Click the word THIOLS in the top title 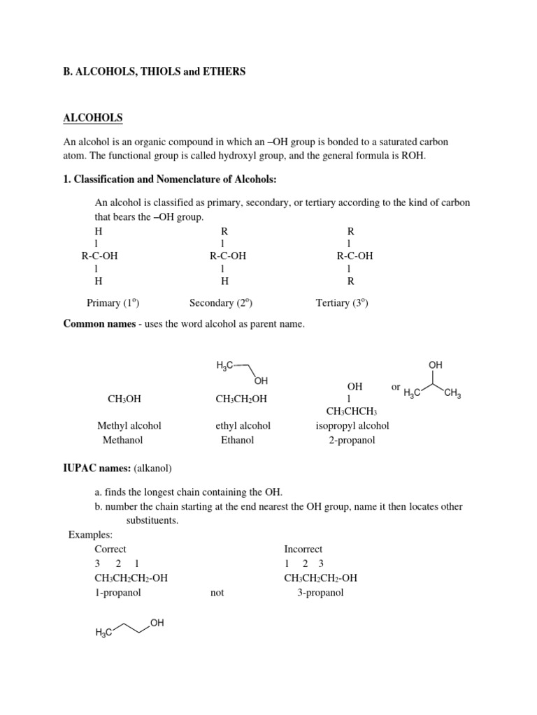[157, 72]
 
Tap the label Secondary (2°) [220, 302]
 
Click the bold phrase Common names [99, 323]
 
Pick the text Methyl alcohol [129, 425]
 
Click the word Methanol [129, 440]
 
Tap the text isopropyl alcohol [352, 425]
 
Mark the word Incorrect [303, 549]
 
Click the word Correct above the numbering [110, 549]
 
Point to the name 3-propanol [320, 593]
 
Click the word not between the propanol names [217, 593]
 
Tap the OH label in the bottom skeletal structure [157, 623]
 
